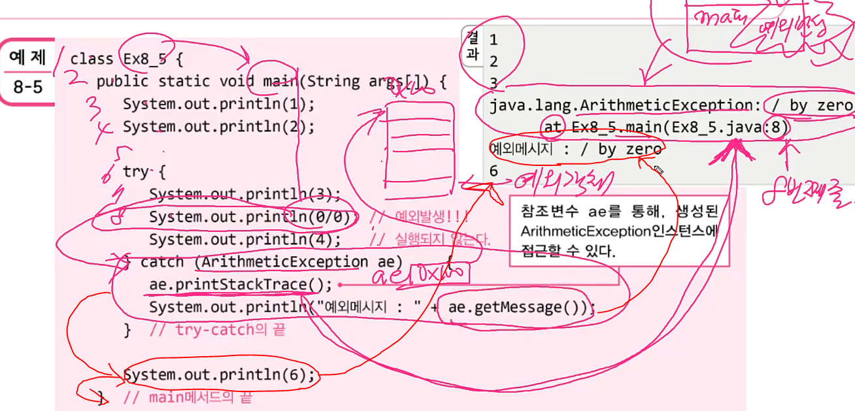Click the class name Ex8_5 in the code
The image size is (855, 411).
[144, 58]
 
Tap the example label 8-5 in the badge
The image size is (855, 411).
[27, 86]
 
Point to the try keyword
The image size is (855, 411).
[135, 172]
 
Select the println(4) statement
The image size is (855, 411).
[245, 239]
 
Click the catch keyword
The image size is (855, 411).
[162, 262]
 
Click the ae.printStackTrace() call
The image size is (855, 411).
[241, 284]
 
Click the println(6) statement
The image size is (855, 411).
[219, 375]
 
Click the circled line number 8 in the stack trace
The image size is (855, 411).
[775, 127]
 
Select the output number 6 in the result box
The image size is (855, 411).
[494, 171]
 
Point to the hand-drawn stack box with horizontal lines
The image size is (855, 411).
[419, 150]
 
